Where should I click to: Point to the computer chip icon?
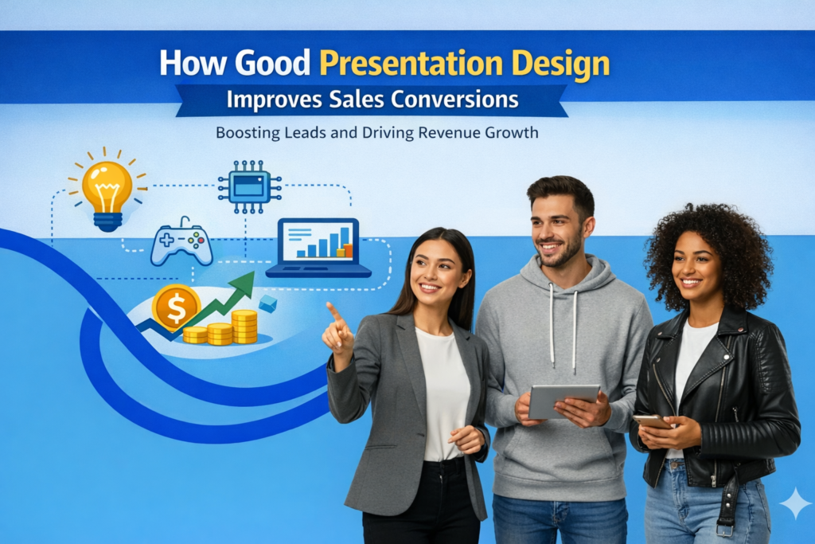pyautogui.click(x=249, y=186)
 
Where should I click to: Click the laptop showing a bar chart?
pyautogui.click(x=319, y=248)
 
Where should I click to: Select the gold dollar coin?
pyautogui.click(x=175, y=307)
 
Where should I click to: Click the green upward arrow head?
pyautogui.click(x=246, y=282)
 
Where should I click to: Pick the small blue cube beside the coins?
pyautogui.click(x=268, y=303)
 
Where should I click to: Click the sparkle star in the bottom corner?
pyautogui.click(x=794, y=503)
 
